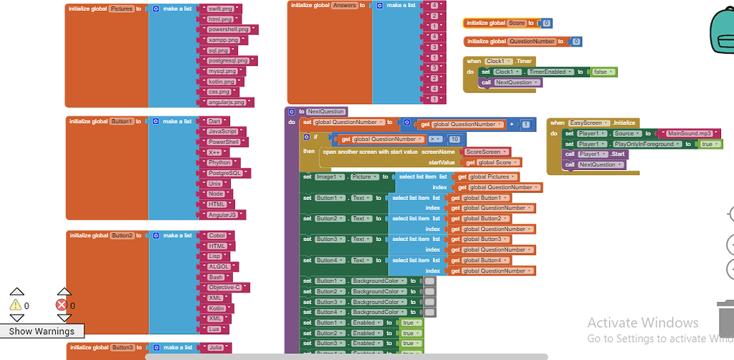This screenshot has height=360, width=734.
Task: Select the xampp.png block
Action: [x=223, y=40]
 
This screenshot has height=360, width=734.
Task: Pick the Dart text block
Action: [x=214, y=121]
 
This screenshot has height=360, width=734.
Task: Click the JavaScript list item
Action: [x=222, y=131]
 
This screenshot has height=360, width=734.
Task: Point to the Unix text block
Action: [x=215, y=184]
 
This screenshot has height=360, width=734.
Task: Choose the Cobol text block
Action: [x=217, y=235]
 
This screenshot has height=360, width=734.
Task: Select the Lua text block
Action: [x=214, y=328]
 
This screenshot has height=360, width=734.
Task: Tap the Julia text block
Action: [x=216, y=347]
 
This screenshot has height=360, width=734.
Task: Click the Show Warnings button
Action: [x=42, y=331]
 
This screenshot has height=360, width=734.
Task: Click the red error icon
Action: [x=62, y=305]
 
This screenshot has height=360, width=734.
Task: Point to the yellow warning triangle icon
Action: [x=16, y=305]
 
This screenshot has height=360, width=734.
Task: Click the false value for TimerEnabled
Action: [x=600, y=72]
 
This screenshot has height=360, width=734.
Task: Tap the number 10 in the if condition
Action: [x=454, y=139]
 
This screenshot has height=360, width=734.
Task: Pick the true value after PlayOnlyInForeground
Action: [x=707, y=144]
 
